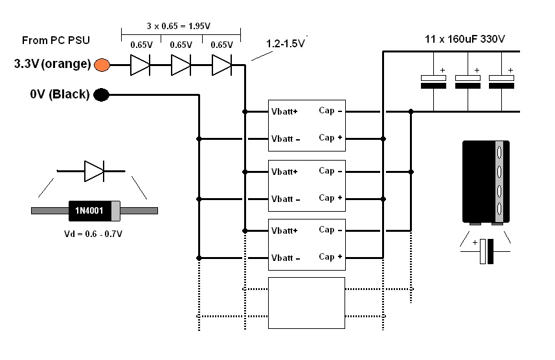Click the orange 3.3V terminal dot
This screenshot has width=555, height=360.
coord(102,65)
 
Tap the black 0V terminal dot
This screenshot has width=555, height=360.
coord(101,95)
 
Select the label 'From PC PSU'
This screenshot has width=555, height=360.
coord(56,40)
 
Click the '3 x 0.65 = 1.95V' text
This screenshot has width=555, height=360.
coord(178,26)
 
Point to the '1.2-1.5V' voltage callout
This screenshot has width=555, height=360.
coord(286,43)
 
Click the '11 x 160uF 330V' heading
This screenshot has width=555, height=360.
coord(465,39)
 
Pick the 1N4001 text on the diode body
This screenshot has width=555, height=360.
coord(89,210)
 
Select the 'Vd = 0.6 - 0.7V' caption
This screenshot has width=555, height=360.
coord(93,234)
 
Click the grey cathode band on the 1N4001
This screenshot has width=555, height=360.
coord(115,211)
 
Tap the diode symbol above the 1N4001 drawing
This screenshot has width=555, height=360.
coord(94,172)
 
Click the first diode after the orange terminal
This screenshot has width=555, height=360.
coord(140,65)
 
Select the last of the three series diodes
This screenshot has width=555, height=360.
coord(222,65)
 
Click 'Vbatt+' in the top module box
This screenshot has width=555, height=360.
coord(284,111)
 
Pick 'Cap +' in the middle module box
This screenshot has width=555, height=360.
coord(330,197)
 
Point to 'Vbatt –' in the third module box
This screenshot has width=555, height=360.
coord(286,258)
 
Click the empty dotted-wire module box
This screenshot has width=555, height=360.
coord(306,303)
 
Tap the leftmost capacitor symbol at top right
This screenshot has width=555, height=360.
coord(434,82)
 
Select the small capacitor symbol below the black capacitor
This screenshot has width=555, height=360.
coord(486,251)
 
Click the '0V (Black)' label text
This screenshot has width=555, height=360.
coord(60,94)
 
